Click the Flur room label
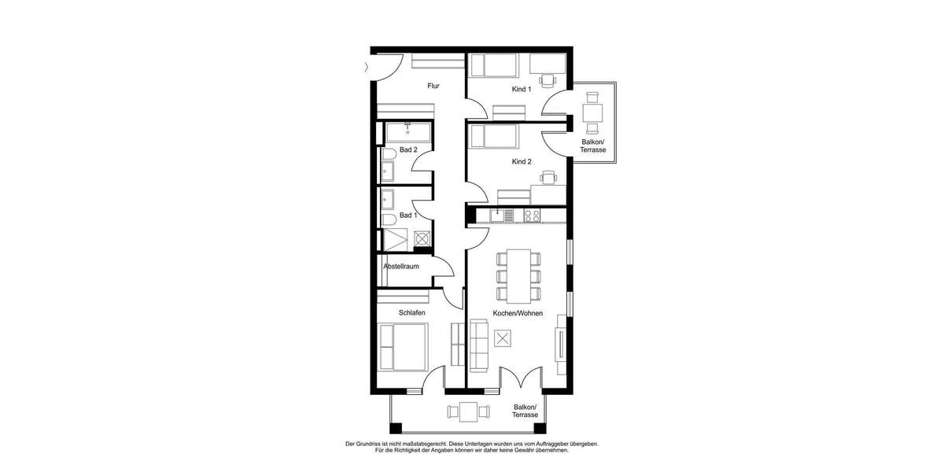433,86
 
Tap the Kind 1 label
522,89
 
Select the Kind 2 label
522,161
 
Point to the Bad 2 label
407,149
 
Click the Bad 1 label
407,215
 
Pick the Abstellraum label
400,267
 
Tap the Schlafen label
411,312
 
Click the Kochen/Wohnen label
518,312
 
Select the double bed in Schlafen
403,347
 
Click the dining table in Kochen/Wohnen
519,275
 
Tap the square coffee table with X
503,338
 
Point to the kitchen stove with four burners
532,215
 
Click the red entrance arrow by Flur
366,68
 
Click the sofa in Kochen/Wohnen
478,346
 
